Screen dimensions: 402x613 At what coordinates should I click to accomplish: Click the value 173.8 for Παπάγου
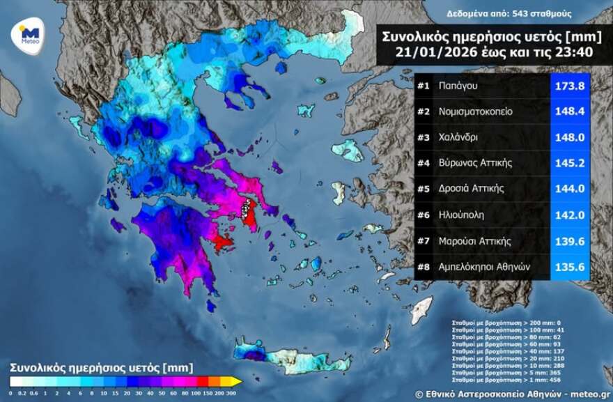click(571, 86)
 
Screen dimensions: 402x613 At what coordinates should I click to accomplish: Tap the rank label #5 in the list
click(423, 189)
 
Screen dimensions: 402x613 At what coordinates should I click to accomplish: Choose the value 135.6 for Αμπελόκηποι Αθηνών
click(571, 267)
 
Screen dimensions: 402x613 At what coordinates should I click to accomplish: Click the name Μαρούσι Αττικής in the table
click(475, 241)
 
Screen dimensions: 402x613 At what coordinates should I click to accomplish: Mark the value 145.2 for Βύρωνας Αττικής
click(571, 163)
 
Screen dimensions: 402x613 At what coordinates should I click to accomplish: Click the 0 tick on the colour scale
click(10, 392)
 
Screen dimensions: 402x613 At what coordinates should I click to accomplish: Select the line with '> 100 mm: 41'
click(497, 330)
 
